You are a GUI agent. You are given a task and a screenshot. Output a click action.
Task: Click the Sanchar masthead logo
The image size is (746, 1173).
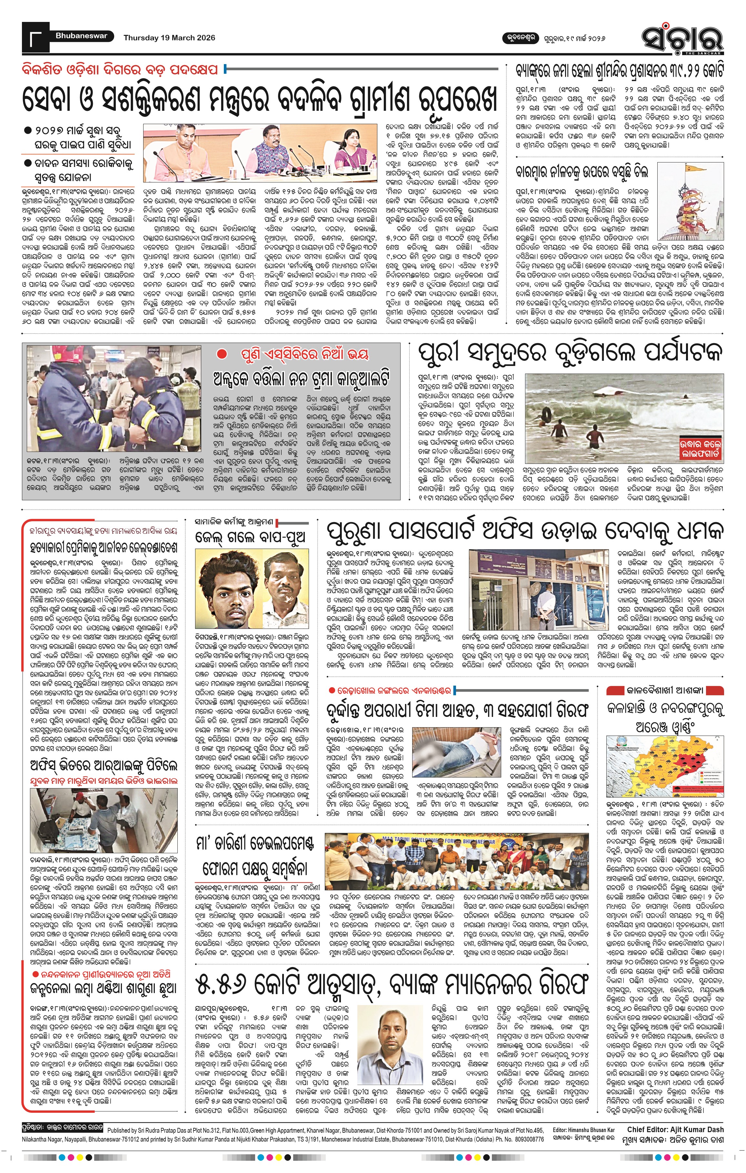click(682, 38)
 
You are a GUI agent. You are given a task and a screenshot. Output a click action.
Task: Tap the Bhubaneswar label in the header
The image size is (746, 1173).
click(74, 36)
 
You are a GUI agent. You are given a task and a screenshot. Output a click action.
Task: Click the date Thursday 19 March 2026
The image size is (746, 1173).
click(169, 38)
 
